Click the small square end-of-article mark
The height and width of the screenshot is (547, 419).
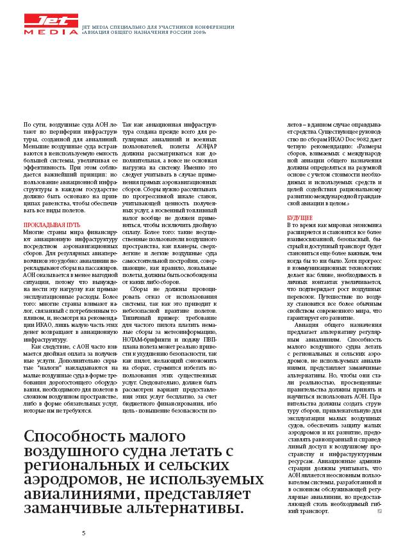tap(380, 511)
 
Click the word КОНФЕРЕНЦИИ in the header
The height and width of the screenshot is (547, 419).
tap(213, 26)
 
